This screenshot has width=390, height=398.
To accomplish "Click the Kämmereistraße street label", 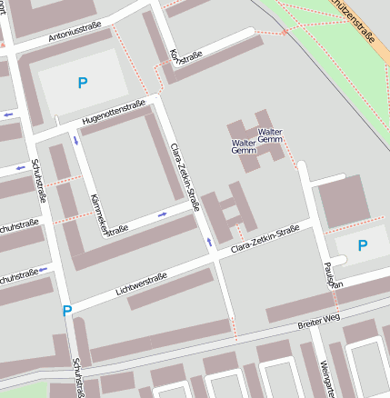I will point(99,214).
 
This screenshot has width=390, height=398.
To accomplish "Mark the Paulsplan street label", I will point(331,273).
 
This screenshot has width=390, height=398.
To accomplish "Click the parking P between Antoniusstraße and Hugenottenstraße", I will point(83,83).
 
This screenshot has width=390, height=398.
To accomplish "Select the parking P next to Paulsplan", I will point(363,245).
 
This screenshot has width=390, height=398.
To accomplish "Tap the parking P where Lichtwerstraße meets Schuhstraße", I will point(66,311).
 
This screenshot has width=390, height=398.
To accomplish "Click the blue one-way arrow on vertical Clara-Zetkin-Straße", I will point(210,242).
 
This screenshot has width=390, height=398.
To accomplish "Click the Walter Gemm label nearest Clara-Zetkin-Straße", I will point(244,147).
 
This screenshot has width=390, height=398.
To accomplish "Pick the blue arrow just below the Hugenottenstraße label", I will point(75,139).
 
